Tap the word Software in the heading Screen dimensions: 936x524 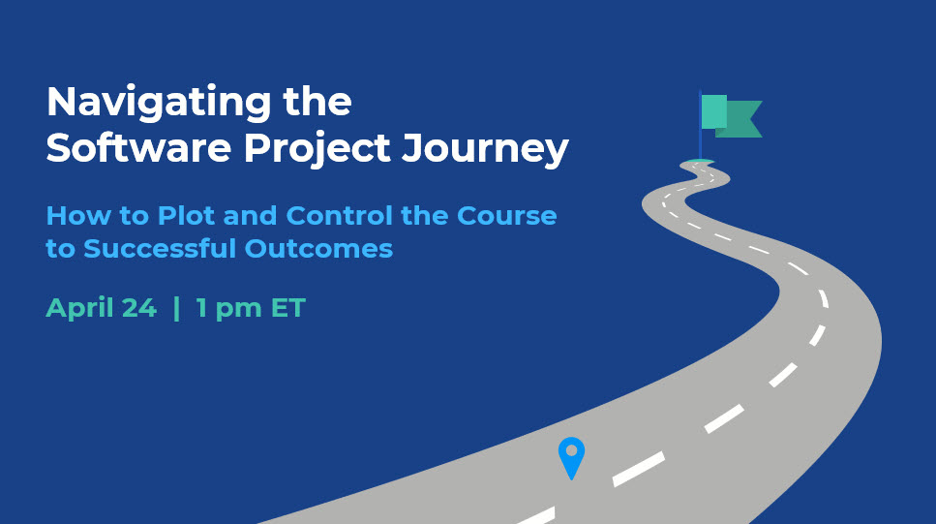click(x=138, y=147)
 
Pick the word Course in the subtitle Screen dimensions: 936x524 click(x=507, y=216)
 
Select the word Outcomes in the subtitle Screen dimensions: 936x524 click(x=318, y=249)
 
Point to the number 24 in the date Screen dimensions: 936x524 click(x=139, y=308)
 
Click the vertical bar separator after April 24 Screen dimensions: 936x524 click(x=176, y=308)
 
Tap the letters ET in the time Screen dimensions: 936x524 click(x=288, y=308)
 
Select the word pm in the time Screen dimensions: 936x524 click(x=238, y=311)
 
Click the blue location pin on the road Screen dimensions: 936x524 click(x=571, y=458)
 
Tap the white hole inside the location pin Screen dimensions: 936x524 click(x=571, y=450)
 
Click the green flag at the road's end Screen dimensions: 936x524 click(x=731, y=116)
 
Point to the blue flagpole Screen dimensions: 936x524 click(x=700, y=125)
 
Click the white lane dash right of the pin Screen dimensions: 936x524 click(x=639, y=469)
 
